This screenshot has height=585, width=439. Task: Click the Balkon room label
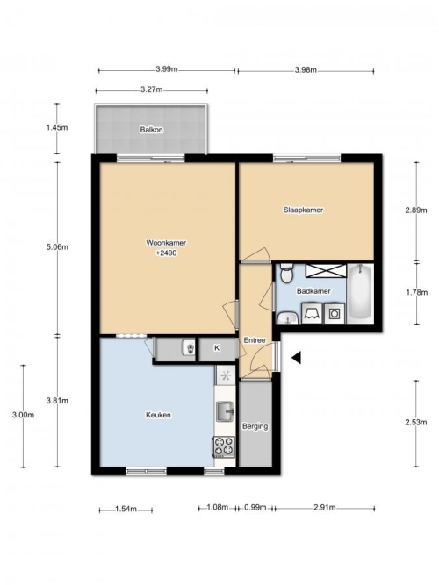pyautogui.click(x=151, y=130)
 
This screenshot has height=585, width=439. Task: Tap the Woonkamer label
pyautogui.click(x=166, y=243)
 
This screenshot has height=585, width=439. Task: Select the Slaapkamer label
pyautogui.click(x=303, y=210)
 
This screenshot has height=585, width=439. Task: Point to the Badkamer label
pyautogui.click(x=313, y=291)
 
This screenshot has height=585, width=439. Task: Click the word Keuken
pyautogui.click(x=158, y=415)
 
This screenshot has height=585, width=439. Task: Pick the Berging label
pyautogui.click(x=255, y=426)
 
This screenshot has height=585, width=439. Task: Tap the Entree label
pyautogui.click(x=255, y=340)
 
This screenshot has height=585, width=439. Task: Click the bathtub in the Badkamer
pyautogui.click(x=360, y=294)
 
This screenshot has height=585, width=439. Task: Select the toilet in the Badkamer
pyautogui.click(x=286, y=274)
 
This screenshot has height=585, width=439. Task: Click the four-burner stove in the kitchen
pyautogui.click(x=224, y=446)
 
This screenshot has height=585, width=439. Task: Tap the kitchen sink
pyautogui.click(x=225, y=411)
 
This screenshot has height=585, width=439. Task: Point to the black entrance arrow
pyautogui.click(x=297, y=358)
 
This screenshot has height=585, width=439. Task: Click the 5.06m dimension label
pyautogui.click(x=57, y=247)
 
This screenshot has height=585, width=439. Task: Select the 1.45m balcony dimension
pyautogui.click(x=57, y=127)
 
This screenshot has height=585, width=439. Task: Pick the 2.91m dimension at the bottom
pyautogui.click(x=324, y=508)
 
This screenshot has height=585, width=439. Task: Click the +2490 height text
pyautogui.click(x=166, y=253)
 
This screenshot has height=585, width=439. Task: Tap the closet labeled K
pyautogui.click(x=217, y=348)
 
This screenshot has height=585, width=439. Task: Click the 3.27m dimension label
pyautogui.click(x=152, y=89)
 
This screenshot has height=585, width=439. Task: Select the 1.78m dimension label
pyautogui.click(x=416, y=293)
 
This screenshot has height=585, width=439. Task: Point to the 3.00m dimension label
pyautogui.click(x=23, y=415)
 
